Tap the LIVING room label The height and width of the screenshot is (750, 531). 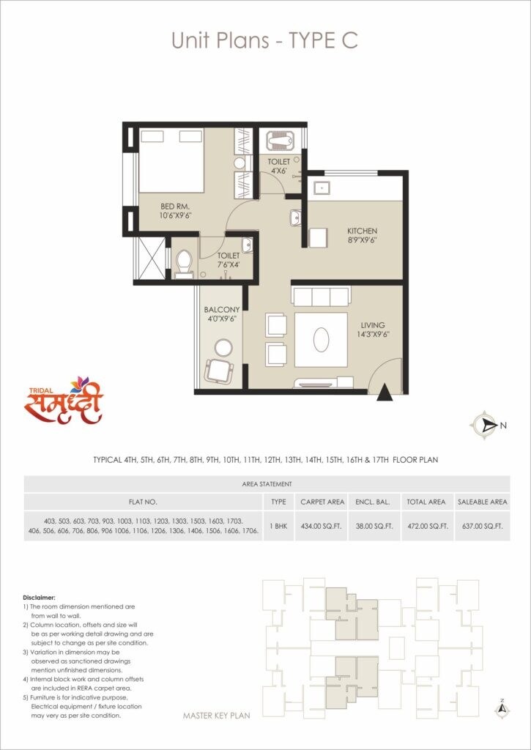point(372,325)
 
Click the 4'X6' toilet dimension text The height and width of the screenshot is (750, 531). point(278,171)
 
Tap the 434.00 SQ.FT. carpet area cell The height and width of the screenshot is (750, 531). point(322,525)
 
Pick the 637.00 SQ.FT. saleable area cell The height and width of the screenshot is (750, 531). point(480,525)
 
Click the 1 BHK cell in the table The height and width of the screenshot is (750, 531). point(278,525)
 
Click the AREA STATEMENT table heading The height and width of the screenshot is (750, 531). point(267,484)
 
